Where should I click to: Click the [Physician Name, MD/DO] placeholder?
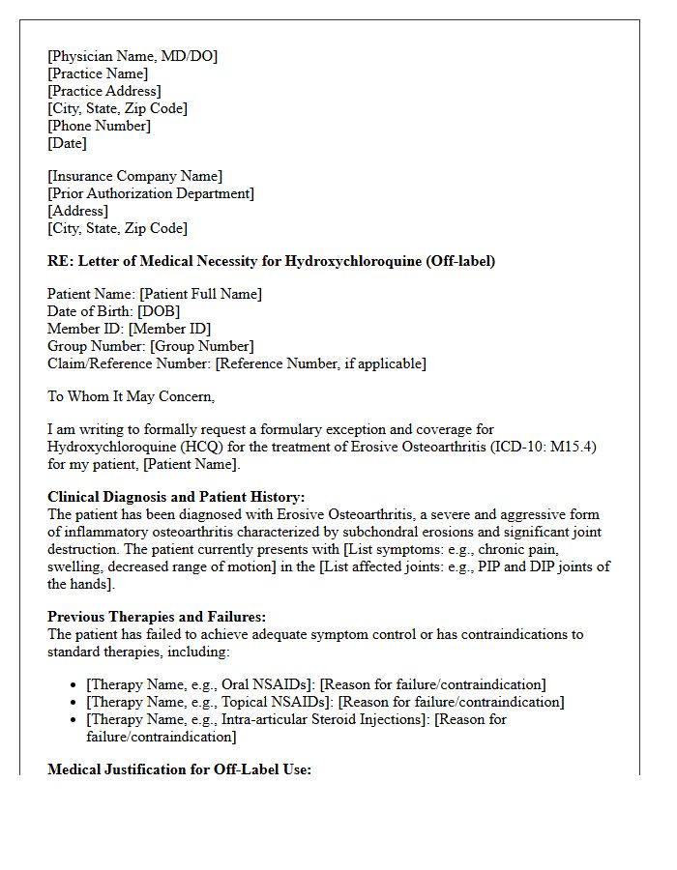[x=132, y=56]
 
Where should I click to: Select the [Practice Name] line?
[x=98, y=73]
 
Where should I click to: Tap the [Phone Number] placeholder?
[x=99, y=126]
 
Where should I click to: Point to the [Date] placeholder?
[x=67, y=143]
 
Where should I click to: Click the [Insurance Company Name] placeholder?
[x=134, y=176]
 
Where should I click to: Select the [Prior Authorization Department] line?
[x=150, y=193]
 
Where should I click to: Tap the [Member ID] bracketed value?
[x=169, y=329]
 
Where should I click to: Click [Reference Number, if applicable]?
[x=320, y=363]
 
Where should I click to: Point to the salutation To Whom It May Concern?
[x=131, y=395]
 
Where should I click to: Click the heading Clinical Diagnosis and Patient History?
[x=176, y=496]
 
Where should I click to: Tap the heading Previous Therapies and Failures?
[x=156, y=616]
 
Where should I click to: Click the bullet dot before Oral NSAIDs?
[x=74, y=684]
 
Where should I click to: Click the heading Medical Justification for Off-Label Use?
[x=179, y=770]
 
